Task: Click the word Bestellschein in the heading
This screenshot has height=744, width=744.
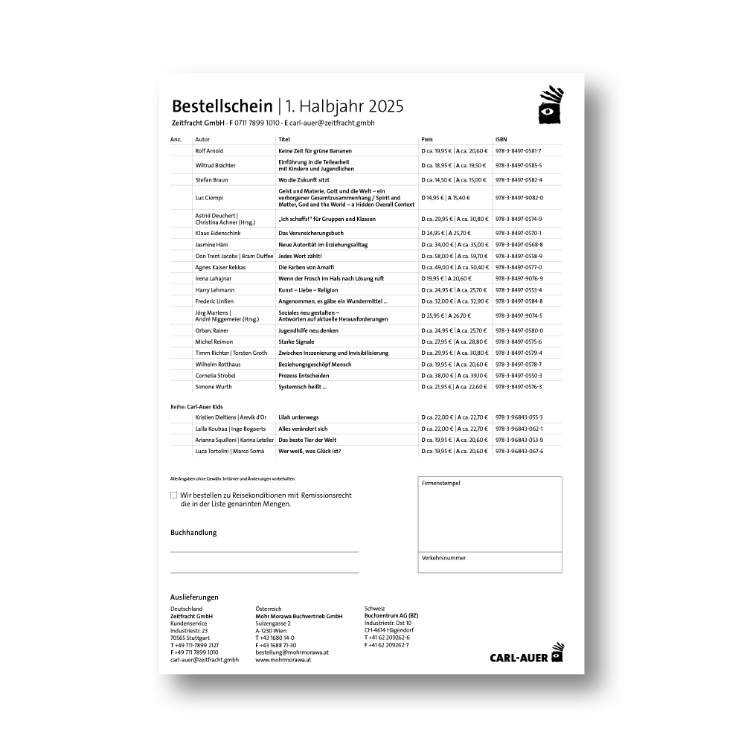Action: tap(222, 106)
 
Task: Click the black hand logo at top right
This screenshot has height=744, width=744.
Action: tap(551, 104)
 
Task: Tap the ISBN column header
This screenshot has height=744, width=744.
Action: tap(501, 139)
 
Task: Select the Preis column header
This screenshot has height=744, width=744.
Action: tap(427, 139)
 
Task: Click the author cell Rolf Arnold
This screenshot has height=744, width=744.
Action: tap(209, 150)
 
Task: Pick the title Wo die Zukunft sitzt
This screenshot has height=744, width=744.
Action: tap(304, 180)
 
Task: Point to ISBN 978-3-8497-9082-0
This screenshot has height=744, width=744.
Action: tap(519, 198)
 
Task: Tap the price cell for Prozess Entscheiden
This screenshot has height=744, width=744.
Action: tap(455, 376)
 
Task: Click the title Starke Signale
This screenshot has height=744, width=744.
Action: tap(296, 341)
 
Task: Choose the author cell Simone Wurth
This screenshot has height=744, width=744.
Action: tap(214, 387)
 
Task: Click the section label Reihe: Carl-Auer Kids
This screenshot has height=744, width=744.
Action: tap(196, 407)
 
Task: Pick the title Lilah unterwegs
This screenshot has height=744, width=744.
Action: tap(298, 417)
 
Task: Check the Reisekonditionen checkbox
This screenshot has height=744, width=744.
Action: tap(174, 495)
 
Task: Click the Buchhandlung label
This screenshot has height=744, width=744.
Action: tap(193, 533)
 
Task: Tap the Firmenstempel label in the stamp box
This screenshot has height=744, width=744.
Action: tap(440, 483)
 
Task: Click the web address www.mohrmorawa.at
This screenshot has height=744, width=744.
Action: tap(283, 659)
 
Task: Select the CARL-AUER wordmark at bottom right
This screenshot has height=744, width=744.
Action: tap(519, 657)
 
